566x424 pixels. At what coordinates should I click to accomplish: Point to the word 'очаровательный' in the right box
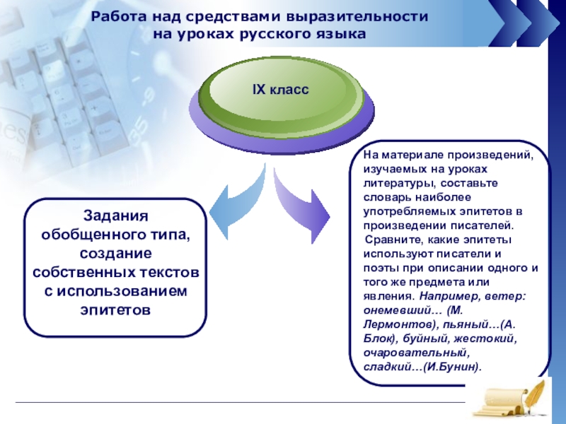coord(416,353)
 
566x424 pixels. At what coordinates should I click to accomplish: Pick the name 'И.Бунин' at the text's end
coord(451,367)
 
